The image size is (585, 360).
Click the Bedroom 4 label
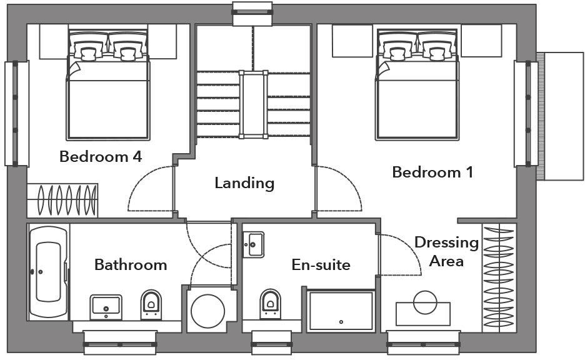coord(100,156)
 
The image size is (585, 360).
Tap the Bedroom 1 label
coord(432,172)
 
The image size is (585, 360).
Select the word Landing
coord(244,183)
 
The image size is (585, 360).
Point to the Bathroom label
coord(131,264)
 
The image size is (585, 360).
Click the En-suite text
coord(321,265)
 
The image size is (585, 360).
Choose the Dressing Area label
coord(446,251)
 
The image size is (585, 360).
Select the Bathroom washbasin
coord(106,306)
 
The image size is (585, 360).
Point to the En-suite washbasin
coord(252,244)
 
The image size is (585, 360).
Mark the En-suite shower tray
coord(341,311)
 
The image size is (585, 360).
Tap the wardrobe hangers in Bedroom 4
coord(63,200)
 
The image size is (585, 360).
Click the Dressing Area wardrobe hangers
coord(498,279)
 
